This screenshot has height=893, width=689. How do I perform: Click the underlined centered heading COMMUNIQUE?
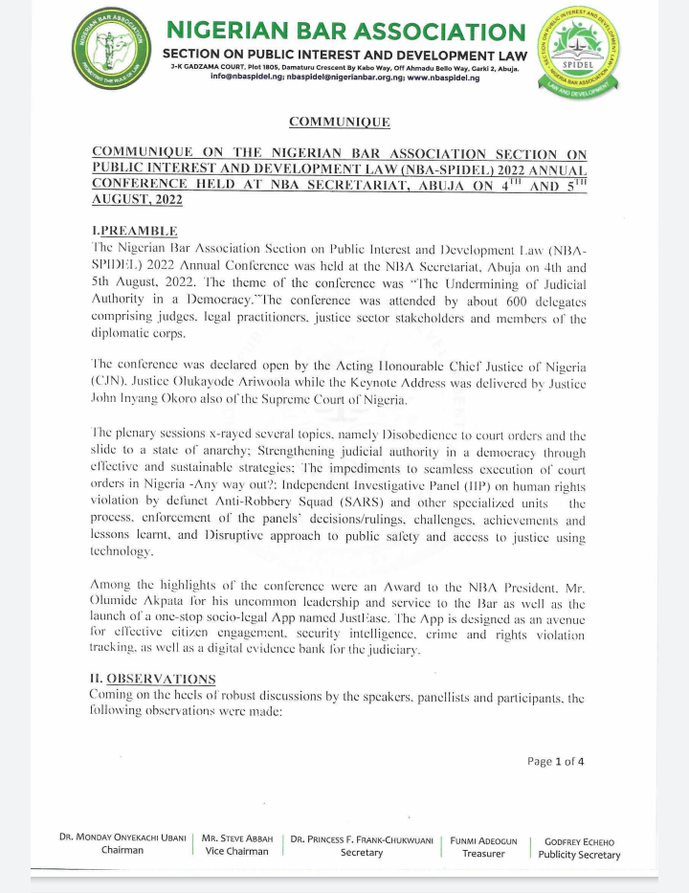tap(340, 122)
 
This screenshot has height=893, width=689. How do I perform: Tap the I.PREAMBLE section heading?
tap(134, 231)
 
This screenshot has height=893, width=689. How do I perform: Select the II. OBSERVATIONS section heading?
tap(152, 679)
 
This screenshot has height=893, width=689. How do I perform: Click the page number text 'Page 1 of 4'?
tap(555, 762)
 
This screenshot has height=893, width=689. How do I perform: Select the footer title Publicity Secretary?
tap(579, 855)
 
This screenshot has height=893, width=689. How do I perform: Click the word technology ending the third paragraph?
tap(122, 553)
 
